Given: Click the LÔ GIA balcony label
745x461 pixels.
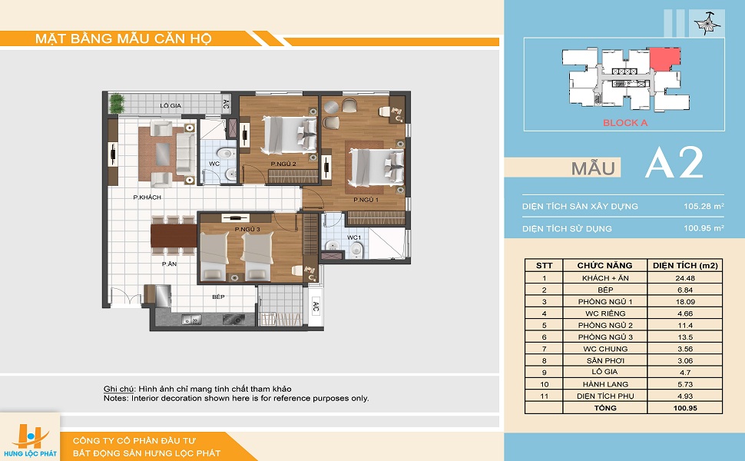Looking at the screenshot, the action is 170,105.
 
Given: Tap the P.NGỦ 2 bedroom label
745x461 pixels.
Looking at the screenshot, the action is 283,164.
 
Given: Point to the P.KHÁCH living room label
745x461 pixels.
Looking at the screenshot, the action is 147,197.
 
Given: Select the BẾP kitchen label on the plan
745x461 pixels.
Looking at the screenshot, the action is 218,297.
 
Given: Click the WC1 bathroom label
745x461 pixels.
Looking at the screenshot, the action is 353,237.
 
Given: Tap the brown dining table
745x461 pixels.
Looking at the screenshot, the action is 174,236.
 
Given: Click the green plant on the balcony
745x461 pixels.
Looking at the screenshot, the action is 117,103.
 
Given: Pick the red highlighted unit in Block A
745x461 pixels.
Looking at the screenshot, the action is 664,59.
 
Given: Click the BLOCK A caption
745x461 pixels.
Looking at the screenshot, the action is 624,123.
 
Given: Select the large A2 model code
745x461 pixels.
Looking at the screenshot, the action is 674,163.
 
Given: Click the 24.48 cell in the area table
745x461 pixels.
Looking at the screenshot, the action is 684,278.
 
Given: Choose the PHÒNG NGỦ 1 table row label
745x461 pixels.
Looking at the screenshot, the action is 605,302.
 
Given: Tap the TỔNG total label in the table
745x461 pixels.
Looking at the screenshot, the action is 605,408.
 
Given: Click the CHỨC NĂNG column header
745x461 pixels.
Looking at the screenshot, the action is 604,266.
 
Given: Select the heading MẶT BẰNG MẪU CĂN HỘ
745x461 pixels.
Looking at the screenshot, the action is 124,38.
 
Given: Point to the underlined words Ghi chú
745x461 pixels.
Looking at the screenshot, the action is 119,390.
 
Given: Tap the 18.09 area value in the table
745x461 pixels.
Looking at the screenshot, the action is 684,302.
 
